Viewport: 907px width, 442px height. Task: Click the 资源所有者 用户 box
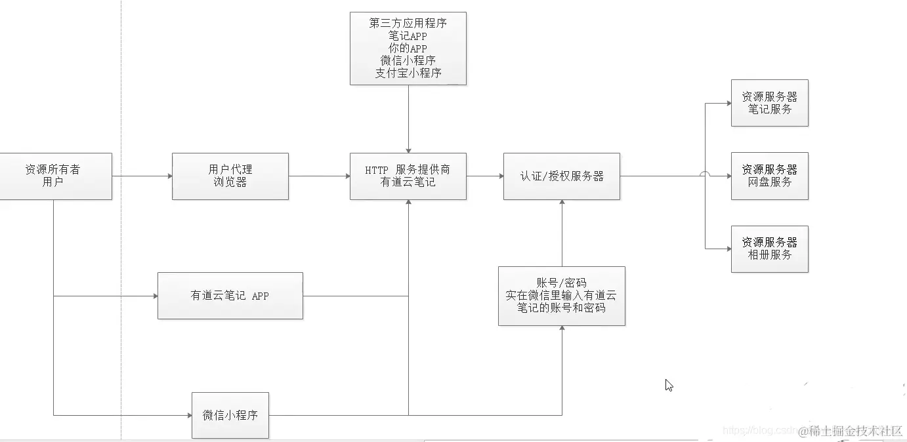tap(53, 176)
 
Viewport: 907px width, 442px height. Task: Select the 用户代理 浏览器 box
tap(230, 176)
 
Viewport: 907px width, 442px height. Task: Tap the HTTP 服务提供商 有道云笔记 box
tap(408, 176)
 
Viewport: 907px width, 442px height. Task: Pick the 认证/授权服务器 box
tap(561, 176)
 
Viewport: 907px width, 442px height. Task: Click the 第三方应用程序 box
tap(408, 48)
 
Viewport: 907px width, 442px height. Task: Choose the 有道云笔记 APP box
tap(230, 296)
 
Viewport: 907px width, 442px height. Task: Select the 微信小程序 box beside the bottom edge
tap(230, 415)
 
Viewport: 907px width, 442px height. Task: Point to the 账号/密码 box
tap(561, 295)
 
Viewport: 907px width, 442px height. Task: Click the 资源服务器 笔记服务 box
tap(769, 103)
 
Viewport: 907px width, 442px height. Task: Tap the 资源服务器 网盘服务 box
tap(769, 176)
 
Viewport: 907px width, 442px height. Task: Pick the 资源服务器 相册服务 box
tap(769, 249)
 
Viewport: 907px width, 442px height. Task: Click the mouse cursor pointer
tap(669, 385)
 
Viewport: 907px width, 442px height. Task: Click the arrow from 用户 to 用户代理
tap(142, 176)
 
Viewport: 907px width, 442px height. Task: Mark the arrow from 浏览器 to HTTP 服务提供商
tap(319, 176)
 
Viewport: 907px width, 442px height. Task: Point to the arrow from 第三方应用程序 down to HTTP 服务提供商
tap(408, 119)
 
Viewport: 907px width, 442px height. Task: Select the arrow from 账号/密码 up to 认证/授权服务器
tap(562, 233)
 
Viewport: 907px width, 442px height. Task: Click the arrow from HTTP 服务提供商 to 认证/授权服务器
tap(484, 176)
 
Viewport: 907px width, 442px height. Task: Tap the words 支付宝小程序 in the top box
tap(408, 73)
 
